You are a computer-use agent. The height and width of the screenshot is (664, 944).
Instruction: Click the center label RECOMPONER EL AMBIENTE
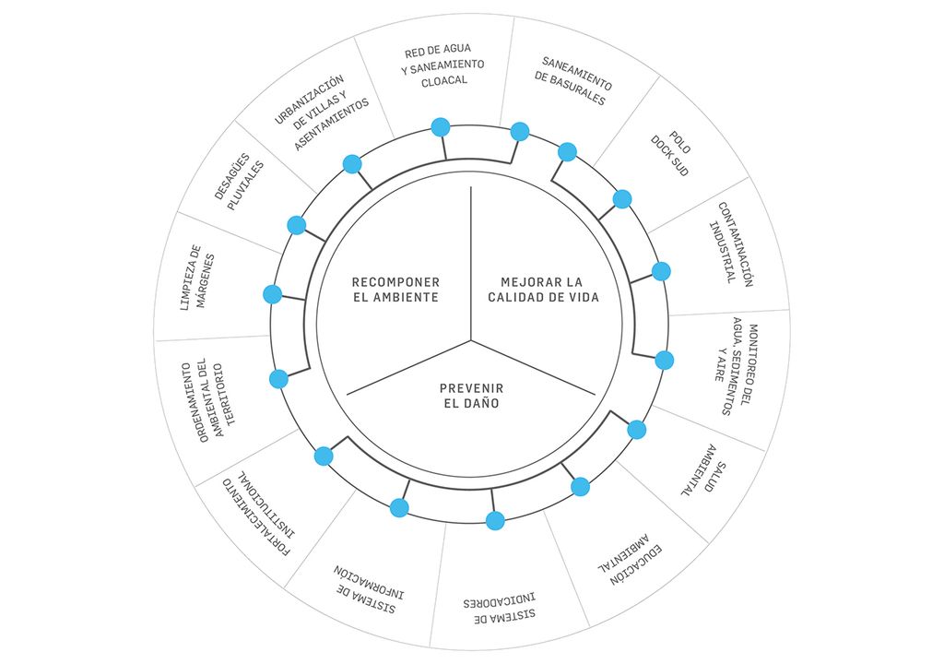pyautogui.click(x=395, y=290)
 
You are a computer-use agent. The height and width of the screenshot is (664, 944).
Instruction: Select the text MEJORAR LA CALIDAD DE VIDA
pyautogui.click(x=543, y=290)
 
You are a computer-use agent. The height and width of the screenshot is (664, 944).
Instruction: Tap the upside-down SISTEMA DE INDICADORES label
pyautogui.click(x=501, y=609)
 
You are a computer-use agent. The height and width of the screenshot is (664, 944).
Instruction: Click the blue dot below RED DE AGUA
pyautogui.click(x=440, y=127)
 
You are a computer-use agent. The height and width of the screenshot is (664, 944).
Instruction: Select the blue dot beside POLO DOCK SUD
pyautogui.click(x=622, y=199)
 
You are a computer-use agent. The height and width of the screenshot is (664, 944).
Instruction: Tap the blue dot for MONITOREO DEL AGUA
pyautogui.click(x=664, y=360)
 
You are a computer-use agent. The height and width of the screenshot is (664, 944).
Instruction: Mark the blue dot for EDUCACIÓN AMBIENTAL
pyautogui.click(x=580, y=486)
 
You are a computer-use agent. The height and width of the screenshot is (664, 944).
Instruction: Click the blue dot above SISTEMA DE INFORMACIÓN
pyautogui.click(x=399, y=507)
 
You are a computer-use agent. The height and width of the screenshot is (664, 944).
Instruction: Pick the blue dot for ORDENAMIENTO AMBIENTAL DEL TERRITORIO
pyautogui.click(x=278, y=378)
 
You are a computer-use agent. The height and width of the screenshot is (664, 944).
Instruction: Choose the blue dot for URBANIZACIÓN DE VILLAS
pyautogui.click(x=352, y=164)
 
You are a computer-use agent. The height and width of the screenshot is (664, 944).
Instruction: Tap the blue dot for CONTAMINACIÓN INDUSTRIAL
pyautogui.click(x=661, y=271)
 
